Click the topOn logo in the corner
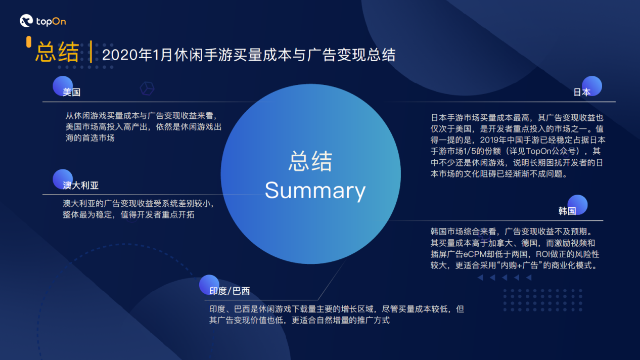[x=42, y=21]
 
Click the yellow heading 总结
[x=57, y=53]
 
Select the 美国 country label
[x=72, y=93]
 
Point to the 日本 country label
[x=582, y=93]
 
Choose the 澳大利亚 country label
[x=81, y=186]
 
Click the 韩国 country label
[x=567, y=211]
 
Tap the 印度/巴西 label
[x=230, y=291]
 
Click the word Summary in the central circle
[x=315, y=191]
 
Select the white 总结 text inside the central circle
[x=310, y=162]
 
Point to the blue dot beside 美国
[x=63, y=85]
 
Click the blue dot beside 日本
[x=591, y=85]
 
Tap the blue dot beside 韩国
[x=577, y=204]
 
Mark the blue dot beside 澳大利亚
[x=63, y=179]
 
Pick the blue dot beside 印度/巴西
[x=209, y=284]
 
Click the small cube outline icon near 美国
[x=147, y=88]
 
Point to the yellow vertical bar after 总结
[x=90, y=53]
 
